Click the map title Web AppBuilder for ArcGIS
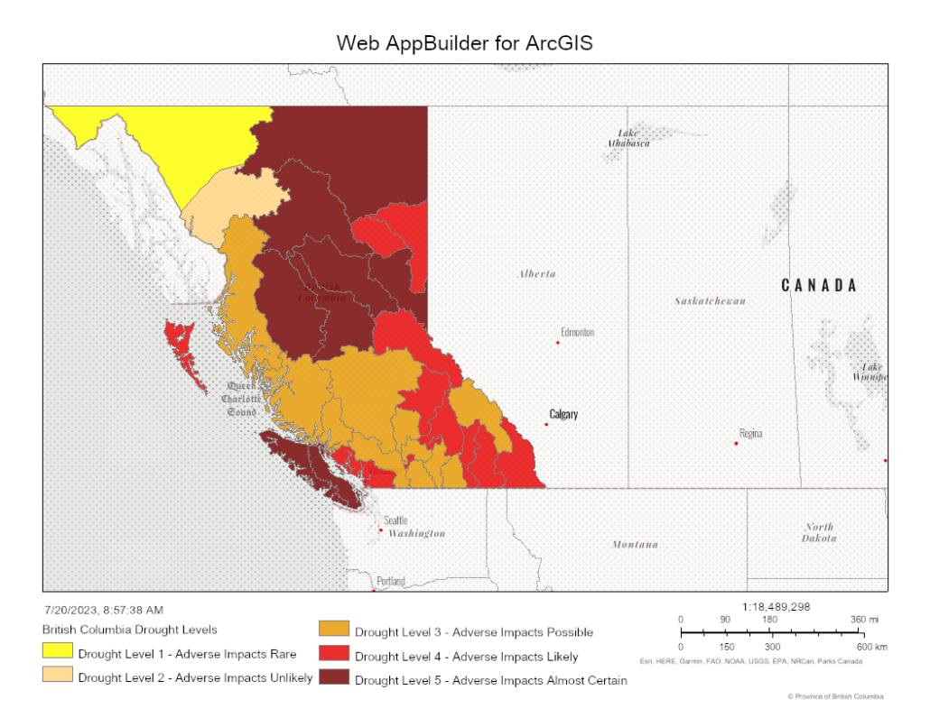tap(464, 43)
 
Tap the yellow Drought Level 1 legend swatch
tap(58, 652)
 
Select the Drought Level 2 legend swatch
tap(58, 677)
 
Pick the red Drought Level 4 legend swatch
tap(334, 655)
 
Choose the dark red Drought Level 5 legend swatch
tap(334, 679)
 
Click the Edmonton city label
tap(577, 332)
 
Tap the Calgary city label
tap(563, 414)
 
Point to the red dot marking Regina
tap(736, 443)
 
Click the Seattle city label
tap(395, 520)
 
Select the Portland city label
tap(391, 581)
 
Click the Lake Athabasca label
tap(628, 138)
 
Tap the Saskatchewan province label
tap(711, 300)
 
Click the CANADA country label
tap(818, 285)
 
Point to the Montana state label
tap(635, 544)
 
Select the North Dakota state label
tap(820, 532)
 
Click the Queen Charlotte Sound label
tap(242, 398)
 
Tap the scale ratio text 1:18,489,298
tap(776, 606)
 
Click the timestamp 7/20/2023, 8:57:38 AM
tap(103, 611)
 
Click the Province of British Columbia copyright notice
tap(836, 696)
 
